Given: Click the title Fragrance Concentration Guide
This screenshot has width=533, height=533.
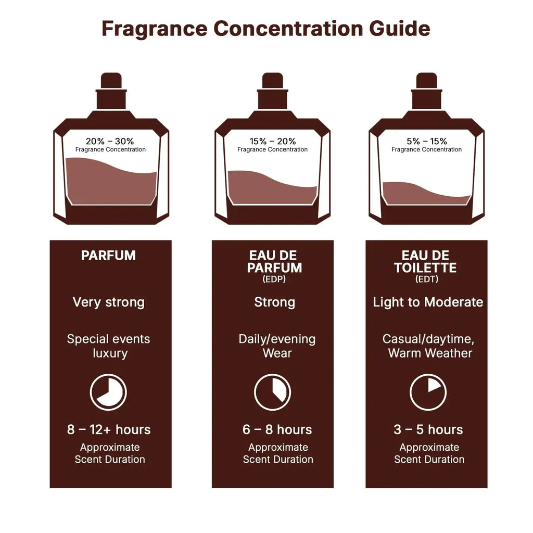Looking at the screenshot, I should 266,29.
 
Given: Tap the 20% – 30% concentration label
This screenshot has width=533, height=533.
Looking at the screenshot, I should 110,141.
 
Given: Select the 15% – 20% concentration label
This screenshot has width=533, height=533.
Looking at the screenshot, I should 272,141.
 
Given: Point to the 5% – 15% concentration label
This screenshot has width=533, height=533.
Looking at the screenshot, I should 426,141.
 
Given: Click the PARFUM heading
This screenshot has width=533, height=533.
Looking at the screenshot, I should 108,256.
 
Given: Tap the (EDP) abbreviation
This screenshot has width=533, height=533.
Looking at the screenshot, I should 274,280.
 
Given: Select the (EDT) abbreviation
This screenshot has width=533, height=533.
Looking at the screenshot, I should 426,280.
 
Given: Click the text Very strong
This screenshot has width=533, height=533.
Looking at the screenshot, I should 108,302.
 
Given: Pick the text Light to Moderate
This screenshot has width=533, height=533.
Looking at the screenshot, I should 428,302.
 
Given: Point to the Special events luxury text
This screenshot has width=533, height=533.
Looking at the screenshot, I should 108,346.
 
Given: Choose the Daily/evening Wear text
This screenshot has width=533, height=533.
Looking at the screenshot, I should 277,346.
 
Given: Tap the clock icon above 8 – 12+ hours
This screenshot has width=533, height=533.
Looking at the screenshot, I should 108,392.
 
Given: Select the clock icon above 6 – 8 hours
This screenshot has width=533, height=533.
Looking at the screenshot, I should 272,392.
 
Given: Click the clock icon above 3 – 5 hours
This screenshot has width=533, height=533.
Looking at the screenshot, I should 428,392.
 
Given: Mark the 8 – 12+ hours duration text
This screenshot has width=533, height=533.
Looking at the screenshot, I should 109,429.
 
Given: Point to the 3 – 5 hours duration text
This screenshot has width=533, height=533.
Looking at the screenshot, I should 428,429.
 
